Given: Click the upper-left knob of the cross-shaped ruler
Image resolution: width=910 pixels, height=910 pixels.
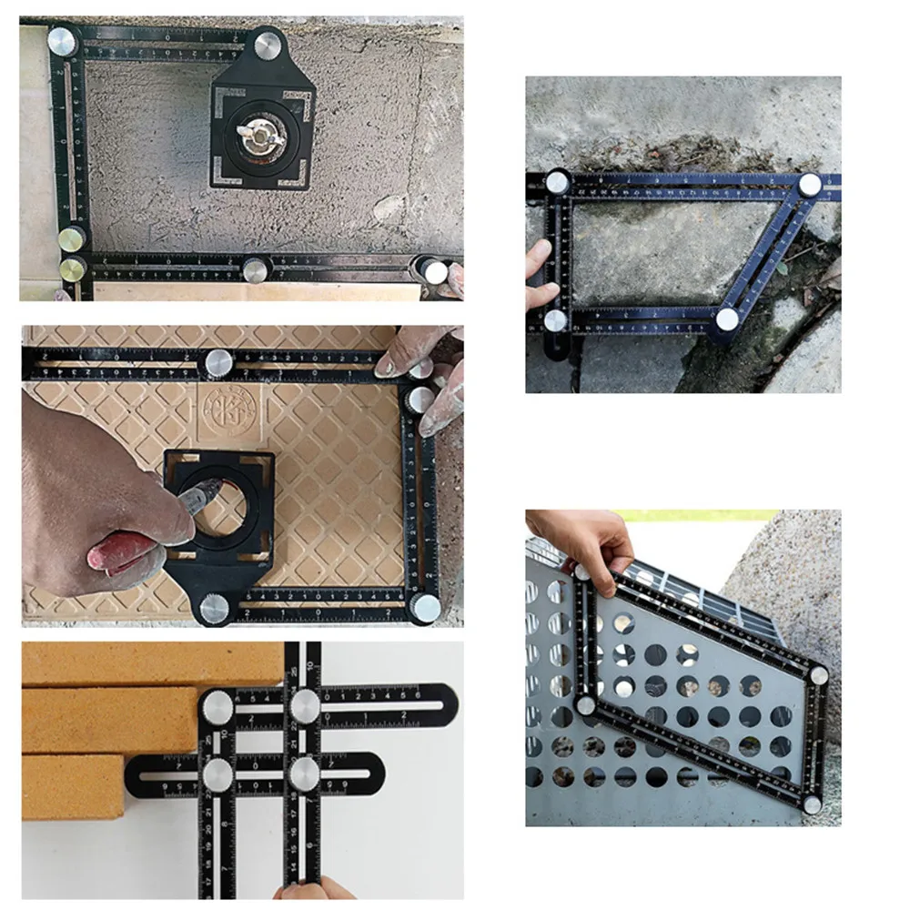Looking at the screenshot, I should [x=218, y=705].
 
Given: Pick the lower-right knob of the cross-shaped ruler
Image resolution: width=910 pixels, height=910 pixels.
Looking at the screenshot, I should [x=304, y=772].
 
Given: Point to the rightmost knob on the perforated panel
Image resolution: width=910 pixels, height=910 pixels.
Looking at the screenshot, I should [x=819, y=674].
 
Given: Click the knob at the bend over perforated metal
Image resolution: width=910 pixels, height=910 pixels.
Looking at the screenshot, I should [x=586, y=705].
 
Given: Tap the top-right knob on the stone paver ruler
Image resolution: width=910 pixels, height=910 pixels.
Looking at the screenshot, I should [x=809, y=185].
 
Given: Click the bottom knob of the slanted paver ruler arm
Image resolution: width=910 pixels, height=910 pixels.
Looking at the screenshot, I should [x=726, y=319].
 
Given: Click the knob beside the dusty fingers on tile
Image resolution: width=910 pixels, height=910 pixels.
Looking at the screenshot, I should [x=420, y=399].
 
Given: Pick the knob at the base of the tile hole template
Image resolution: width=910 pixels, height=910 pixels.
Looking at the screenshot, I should [x=214, y=609].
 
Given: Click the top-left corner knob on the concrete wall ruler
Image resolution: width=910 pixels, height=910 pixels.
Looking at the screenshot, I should [x=63, y=41].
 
